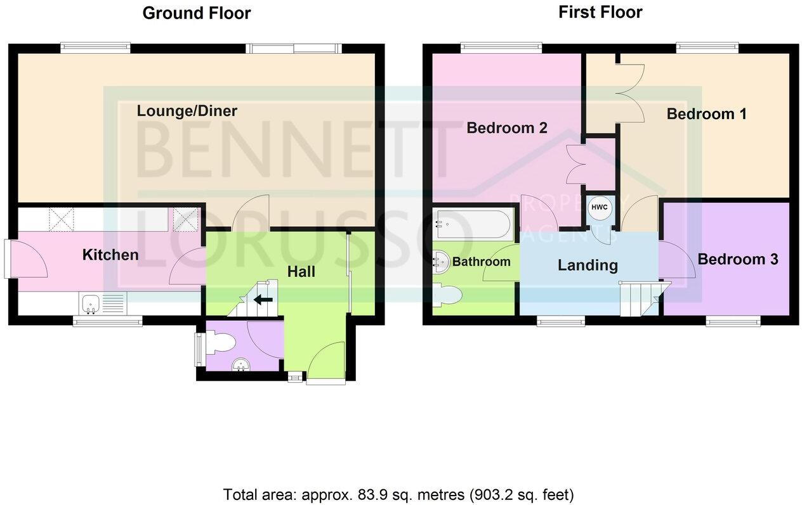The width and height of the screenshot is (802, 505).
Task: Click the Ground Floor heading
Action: [x=196, y=13]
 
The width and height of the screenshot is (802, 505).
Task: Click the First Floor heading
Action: [x=600, y=12]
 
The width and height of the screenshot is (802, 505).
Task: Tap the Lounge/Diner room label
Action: [x=187, y=112]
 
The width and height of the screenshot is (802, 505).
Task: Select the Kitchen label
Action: [x=110, y=255]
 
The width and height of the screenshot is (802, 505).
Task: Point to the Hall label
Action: [x=301, y=271]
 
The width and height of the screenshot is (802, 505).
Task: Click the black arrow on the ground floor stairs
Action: [x=263, y=300]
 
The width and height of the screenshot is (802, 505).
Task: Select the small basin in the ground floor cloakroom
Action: [x=240, y=366]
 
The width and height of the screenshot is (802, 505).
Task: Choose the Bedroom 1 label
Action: [x=706, y=114]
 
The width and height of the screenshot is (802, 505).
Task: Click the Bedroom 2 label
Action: [x=506, y=128]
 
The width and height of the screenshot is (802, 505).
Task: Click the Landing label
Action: [x=588, y=265]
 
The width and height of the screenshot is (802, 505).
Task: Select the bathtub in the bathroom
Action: [x=473, y=224]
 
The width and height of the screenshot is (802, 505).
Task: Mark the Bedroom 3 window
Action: [x=733, y=322]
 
